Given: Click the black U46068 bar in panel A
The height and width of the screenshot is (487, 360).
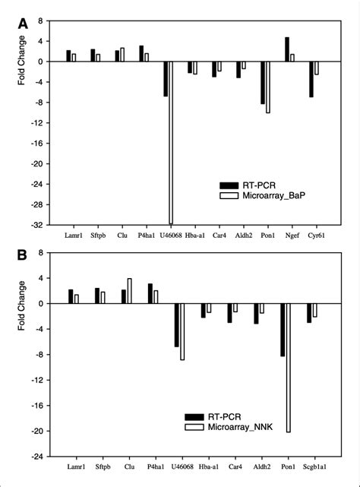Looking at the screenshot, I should coord(165,79).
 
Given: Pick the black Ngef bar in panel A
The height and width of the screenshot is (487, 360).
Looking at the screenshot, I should coord(286,49).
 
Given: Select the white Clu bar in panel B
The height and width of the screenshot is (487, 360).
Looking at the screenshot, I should coord(130,291).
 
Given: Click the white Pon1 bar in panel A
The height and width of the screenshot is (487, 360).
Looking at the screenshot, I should coord(268,87).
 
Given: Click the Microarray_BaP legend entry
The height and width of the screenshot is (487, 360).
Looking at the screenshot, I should coord(266,195).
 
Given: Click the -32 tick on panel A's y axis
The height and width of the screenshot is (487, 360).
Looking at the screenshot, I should coord(36,225).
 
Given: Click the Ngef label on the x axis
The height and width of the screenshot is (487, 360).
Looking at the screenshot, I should coord(289,237).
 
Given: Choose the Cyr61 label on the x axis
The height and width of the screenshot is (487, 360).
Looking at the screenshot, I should coord(314,237).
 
